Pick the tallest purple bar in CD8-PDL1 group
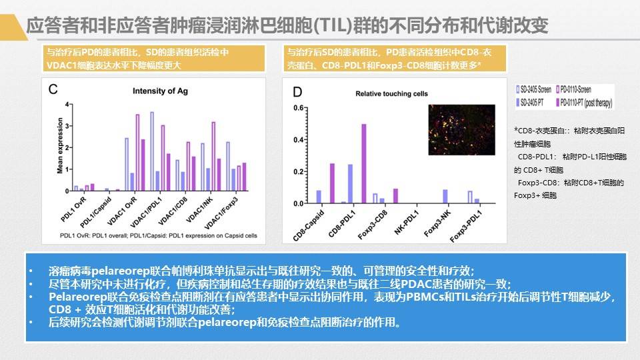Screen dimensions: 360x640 click(364, 163)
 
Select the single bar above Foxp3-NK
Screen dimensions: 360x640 click(445, 196)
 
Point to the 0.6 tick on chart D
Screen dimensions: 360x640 click(299, 108)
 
